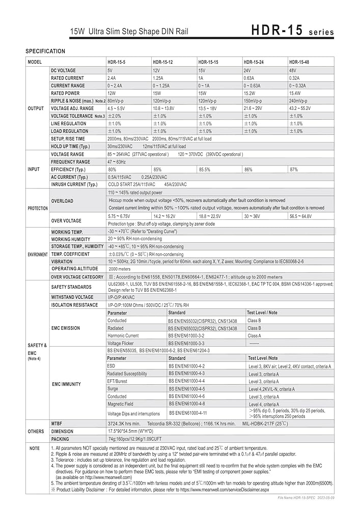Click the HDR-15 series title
pyautogui.click(x=292, y=31)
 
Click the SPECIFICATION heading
pyautogui.click(x=45, y=51)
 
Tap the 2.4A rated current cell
pyautogui.click(x=112, y=78)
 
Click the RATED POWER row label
pyautogui.click(x=65, y=93)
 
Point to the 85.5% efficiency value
pyautogui.click(x=204, y=169)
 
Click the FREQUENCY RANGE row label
pyautogui.click(x=70, y=162)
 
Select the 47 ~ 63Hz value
pyautogui.click(x=117, y=162)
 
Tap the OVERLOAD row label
pyautogui.click(x=62, y=201)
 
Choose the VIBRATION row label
pyautogui.click(x=62, y=261)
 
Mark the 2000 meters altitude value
pyautogui.click(x=120, y=269)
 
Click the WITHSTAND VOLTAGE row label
pyautogui.click(x=72, y=297)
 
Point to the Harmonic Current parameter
pyautogui.click(x=123, y=336)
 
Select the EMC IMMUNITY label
pyautogui.click(x=66, y=384)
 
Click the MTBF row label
pyautogui.click(x=57, y=423)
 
